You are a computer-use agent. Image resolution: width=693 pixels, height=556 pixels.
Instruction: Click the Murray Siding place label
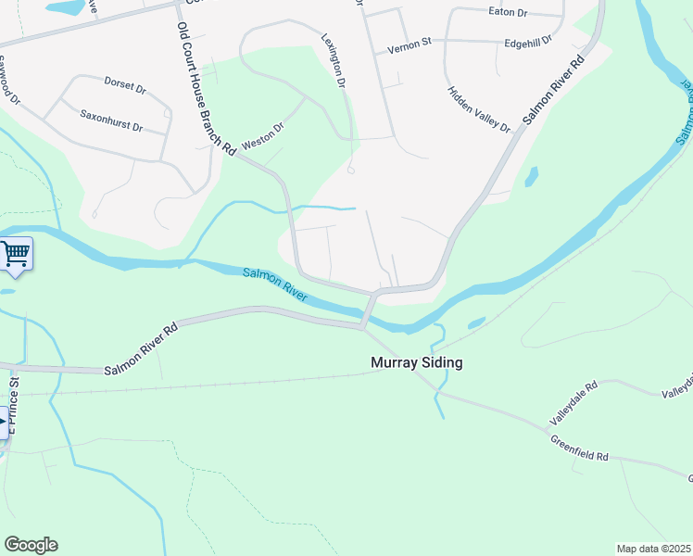point(416,362)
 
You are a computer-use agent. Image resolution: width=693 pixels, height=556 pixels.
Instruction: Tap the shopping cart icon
point(16,253)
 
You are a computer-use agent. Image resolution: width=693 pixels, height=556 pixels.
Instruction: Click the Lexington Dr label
point(334,61)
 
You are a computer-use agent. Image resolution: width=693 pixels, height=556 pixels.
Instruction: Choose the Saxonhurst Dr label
point(110,120)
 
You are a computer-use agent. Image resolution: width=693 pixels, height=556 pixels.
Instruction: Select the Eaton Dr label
point(507,13)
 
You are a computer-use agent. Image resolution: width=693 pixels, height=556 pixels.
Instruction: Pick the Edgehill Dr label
point(528,42)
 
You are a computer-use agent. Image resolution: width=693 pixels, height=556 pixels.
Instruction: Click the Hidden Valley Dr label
point(479,109)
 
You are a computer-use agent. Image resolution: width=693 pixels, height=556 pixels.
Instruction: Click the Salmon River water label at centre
point(275,283)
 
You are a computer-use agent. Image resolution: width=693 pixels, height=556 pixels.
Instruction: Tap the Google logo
point(31,545)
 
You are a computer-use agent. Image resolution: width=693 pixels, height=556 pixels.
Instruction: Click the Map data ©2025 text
point(653,549)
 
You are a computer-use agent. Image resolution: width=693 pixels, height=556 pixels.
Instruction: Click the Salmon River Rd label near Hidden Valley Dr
point(553,89)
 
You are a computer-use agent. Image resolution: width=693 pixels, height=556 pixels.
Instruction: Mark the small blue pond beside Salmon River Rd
point(532,176)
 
